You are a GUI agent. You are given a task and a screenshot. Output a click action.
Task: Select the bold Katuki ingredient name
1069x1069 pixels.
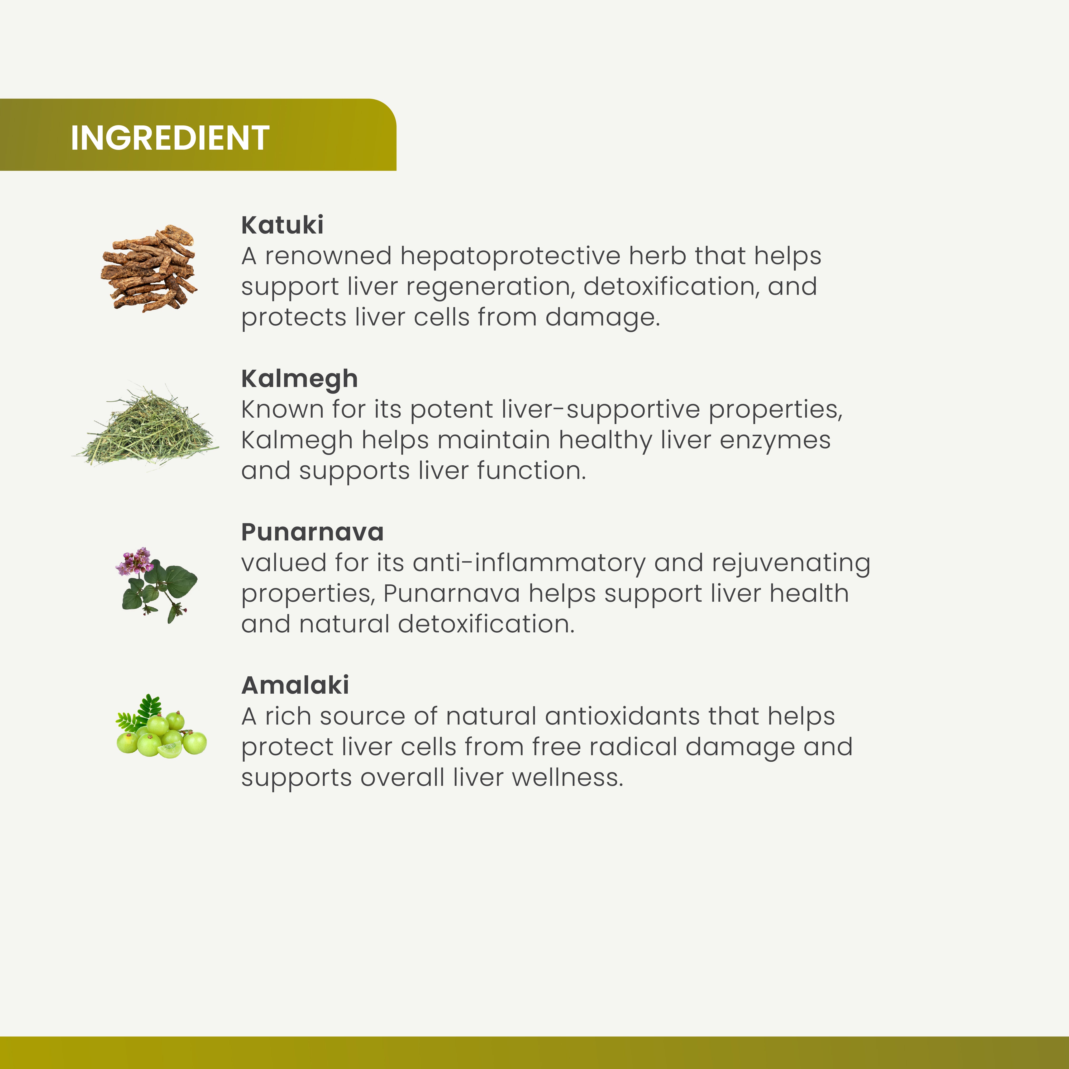click(x=282, y=225)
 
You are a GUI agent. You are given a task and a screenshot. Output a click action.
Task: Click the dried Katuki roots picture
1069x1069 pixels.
click(x=149, y=268)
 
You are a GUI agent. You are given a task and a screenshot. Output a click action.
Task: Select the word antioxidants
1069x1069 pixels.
click(x=622, y=716)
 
